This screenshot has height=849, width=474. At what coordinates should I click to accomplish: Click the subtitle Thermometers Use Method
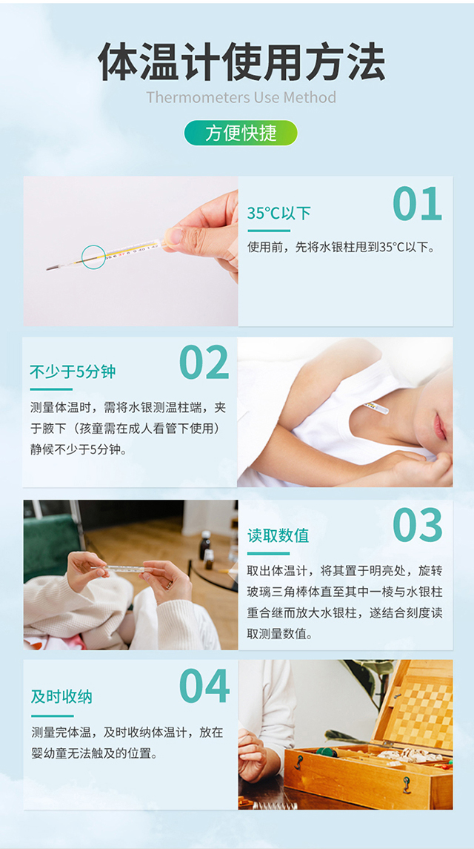point(241,98)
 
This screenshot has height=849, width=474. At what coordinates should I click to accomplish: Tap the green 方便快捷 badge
point(241,133)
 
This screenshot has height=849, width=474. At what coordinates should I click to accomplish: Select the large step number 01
point(417,204)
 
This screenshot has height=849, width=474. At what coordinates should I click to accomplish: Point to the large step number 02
point(204,363)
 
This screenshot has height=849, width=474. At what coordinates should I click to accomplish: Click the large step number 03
point(417,525)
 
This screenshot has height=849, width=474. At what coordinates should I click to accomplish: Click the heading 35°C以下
point(278,214)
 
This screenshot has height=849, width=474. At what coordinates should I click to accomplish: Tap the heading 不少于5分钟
point(73,372)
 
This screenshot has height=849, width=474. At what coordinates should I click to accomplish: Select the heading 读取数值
point(278,535)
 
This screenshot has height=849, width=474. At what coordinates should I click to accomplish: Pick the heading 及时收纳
point(61,696)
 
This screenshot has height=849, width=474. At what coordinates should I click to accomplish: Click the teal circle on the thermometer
point(93,256)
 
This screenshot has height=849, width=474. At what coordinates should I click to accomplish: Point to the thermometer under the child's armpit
point(375,408)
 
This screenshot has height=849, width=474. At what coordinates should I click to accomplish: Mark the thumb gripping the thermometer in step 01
point(177,236)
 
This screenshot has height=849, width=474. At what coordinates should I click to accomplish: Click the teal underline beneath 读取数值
point(268,553)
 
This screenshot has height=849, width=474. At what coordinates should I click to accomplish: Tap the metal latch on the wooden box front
point(407,785)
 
